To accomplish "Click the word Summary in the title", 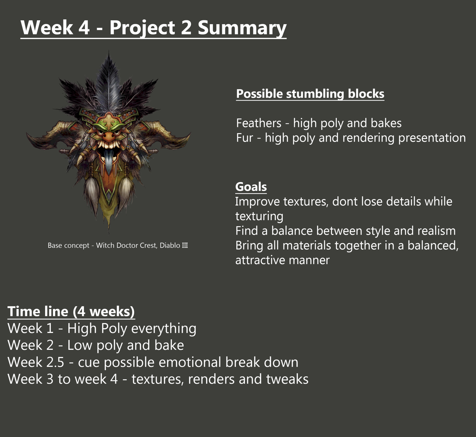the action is click(x=242, y=28).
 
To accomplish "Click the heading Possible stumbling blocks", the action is click(x=310, y=94).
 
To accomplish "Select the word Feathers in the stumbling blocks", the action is click(x=259, y=123).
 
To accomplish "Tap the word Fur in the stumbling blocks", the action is click(x=245, y=138).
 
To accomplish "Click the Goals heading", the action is click(x=251, y=187).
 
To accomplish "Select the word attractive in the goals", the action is click(x=260, y=260).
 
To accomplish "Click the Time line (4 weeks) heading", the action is click(x=71, y=312).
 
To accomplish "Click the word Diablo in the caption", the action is click(x=170, y=245).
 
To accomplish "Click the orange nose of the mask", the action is click(x=109, y=136).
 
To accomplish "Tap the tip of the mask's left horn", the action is click(x=27, y=135).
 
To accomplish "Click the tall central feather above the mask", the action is click(x=109, y=82).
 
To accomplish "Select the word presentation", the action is click(x=432, y=138).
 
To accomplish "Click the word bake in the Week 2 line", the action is click(x=169, y=345).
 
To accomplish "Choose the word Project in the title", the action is click(x=142, y=28).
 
